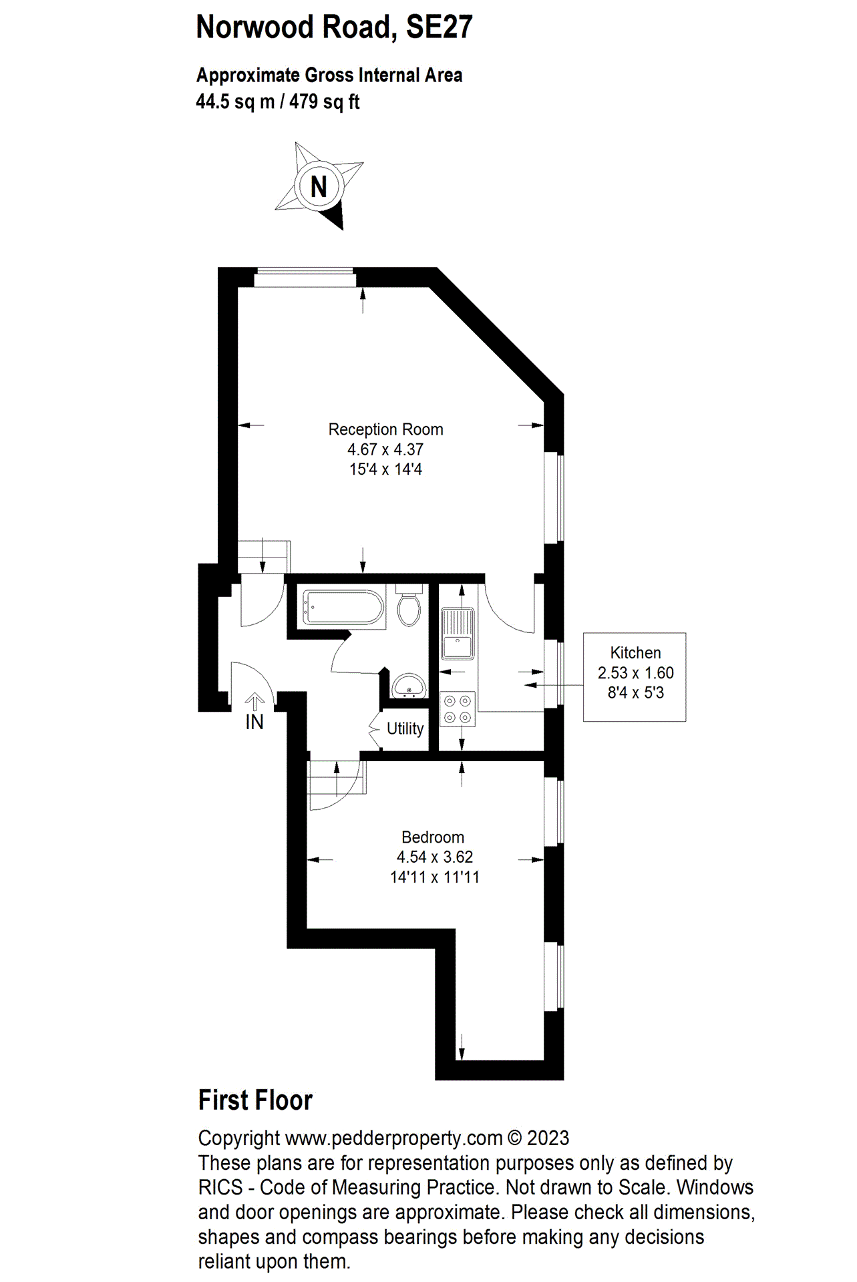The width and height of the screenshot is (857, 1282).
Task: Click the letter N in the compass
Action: (x=319, y=187)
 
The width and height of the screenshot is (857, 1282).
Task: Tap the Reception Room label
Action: (x=385, y=429)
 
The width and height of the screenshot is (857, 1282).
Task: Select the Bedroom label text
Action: (x=432, y=837)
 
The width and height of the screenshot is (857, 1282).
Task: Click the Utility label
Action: (x=405, y=728)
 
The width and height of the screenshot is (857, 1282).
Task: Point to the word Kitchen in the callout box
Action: (x=635, y=653)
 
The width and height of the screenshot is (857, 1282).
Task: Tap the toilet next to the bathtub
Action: (x=409, y=606)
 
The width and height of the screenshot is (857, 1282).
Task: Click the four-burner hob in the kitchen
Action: (x=458, y=709)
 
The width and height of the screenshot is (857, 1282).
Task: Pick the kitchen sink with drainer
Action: (x=458, y=632)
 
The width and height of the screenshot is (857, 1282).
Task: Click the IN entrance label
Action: (x=254, y=722)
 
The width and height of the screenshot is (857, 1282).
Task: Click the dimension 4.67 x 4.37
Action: (x=385, y=449)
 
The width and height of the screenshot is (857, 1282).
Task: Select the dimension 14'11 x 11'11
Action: (x=435, y=877)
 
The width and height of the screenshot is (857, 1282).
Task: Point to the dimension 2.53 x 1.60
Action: (x=635, y=673)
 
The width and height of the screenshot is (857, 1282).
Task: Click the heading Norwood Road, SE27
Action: (x=334, y=27)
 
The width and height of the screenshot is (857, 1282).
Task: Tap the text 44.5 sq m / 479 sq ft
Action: (x=278, y=102)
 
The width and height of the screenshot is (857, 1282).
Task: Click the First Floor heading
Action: (x=255, y=1101)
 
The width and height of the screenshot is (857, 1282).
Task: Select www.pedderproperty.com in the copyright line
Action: (x=393, y=1138)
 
